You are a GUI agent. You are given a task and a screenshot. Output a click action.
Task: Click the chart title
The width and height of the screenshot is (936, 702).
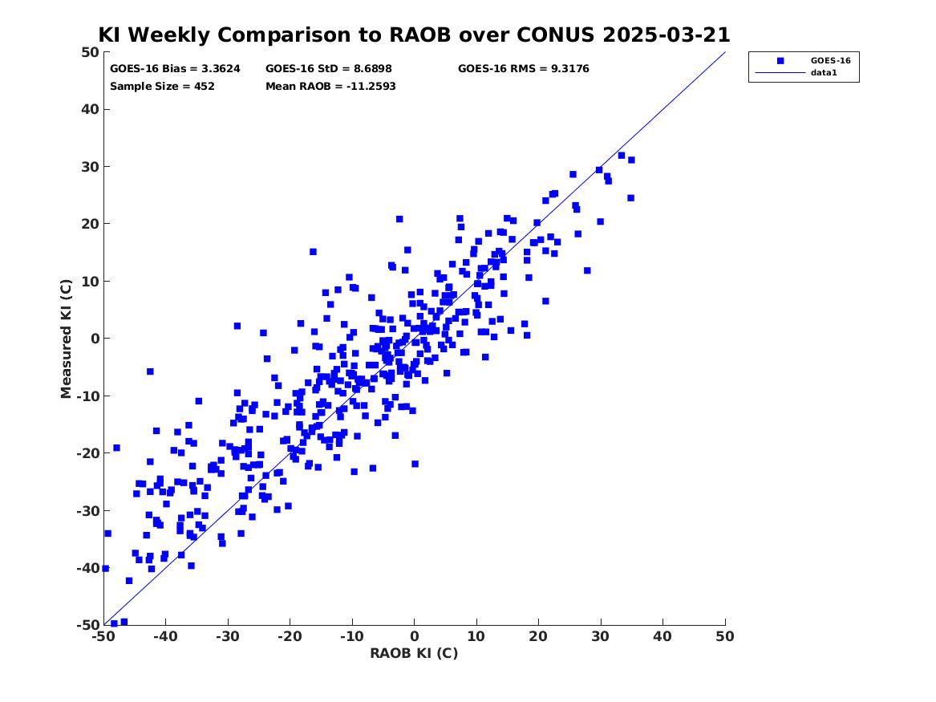pyautogui.click(x=415, y=34)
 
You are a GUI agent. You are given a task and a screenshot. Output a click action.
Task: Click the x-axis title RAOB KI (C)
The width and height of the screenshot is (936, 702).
pyautogui.click(x=415, y=653)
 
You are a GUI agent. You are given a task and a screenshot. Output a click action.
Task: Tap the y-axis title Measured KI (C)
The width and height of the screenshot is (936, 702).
pyautogui.click(x=66, y=339)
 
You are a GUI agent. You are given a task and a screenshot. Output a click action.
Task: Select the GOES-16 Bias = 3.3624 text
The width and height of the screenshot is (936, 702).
pyautogui.click(x=175, y=69)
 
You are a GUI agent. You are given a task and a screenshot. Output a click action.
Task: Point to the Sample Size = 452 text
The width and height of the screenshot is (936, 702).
pyautogui.click(x=162, y=87)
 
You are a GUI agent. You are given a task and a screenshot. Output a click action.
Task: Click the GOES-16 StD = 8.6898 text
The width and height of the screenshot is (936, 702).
pyautogui.click(x=329, y=69)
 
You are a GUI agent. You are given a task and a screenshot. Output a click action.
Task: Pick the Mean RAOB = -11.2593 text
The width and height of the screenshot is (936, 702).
pyautogui.click(x=330, y=87)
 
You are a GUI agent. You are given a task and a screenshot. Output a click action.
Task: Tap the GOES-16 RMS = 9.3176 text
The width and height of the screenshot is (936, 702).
pyautogui.click(x=524, y=69)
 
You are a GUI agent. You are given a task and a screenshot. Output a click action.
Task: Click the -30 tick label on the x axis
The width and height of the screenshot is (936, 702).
pyautogui.click(x=228, y=636)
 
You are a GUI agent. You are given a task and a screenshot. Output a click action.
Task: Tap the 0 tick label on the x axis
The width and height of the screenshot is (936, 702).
pyautogui.click(x=415, y=636)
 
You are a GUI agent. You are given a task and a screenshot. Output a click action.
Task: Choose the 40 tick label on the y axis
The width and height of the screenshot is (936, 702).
pyautogui.click(x=90, y=109)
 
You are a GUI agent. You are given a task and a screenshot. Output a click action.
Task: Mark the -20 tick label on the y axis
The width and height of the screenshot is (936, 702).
pyautogui.click(x=87, y=453)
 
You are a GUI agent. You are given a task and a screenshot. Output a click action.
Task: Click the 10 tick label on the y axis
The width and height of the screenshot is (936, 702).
pyautogui.click(x=90, y=281)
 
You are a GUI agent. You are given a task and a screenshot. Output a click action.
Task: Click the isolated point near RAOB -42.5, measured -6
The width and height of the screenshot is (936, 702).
pyautogui.click(x=150, y=371)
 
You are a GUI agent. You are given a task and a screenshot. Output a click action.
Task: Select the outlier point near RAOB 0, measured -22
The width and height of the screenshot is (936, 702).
pyautogui.click(x=415, y=464)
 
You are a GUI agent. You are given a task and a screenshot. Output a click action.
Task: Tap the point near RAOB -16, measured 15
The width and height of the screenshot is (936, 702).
pyautogui.click(x=313, y=252)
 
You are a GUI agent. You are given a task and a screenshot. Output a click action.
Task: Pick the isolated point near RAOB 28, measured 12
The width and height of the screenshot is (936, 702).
pyautogui.click(x=587, y=270)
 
